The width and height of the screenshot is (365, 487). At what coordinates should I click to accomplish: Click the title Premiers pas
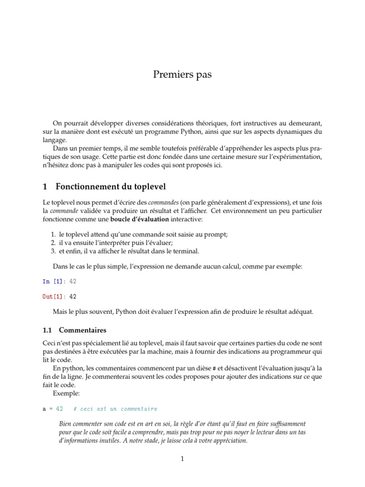(x=182, y=74)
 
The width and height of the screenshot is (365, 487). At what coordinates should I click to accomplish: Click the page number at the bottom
(x=182, y=458)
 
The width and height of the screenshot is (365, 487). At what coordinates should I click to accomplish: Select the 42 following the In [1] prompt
(x=73, y=281)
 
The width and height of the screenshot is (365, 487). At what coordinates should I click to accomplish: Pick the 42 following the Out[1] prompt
(x=73, y=297)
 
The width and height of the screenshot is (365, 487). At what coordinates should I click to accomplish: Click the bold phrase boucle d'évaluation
(x=140, y=220)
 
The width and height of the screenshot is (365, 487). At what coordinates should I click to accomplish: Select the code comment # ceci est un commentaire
(x=115, y=409)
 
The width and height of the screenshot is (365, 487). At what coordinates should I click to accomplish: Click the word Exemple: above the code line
(x=67, y=394)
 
